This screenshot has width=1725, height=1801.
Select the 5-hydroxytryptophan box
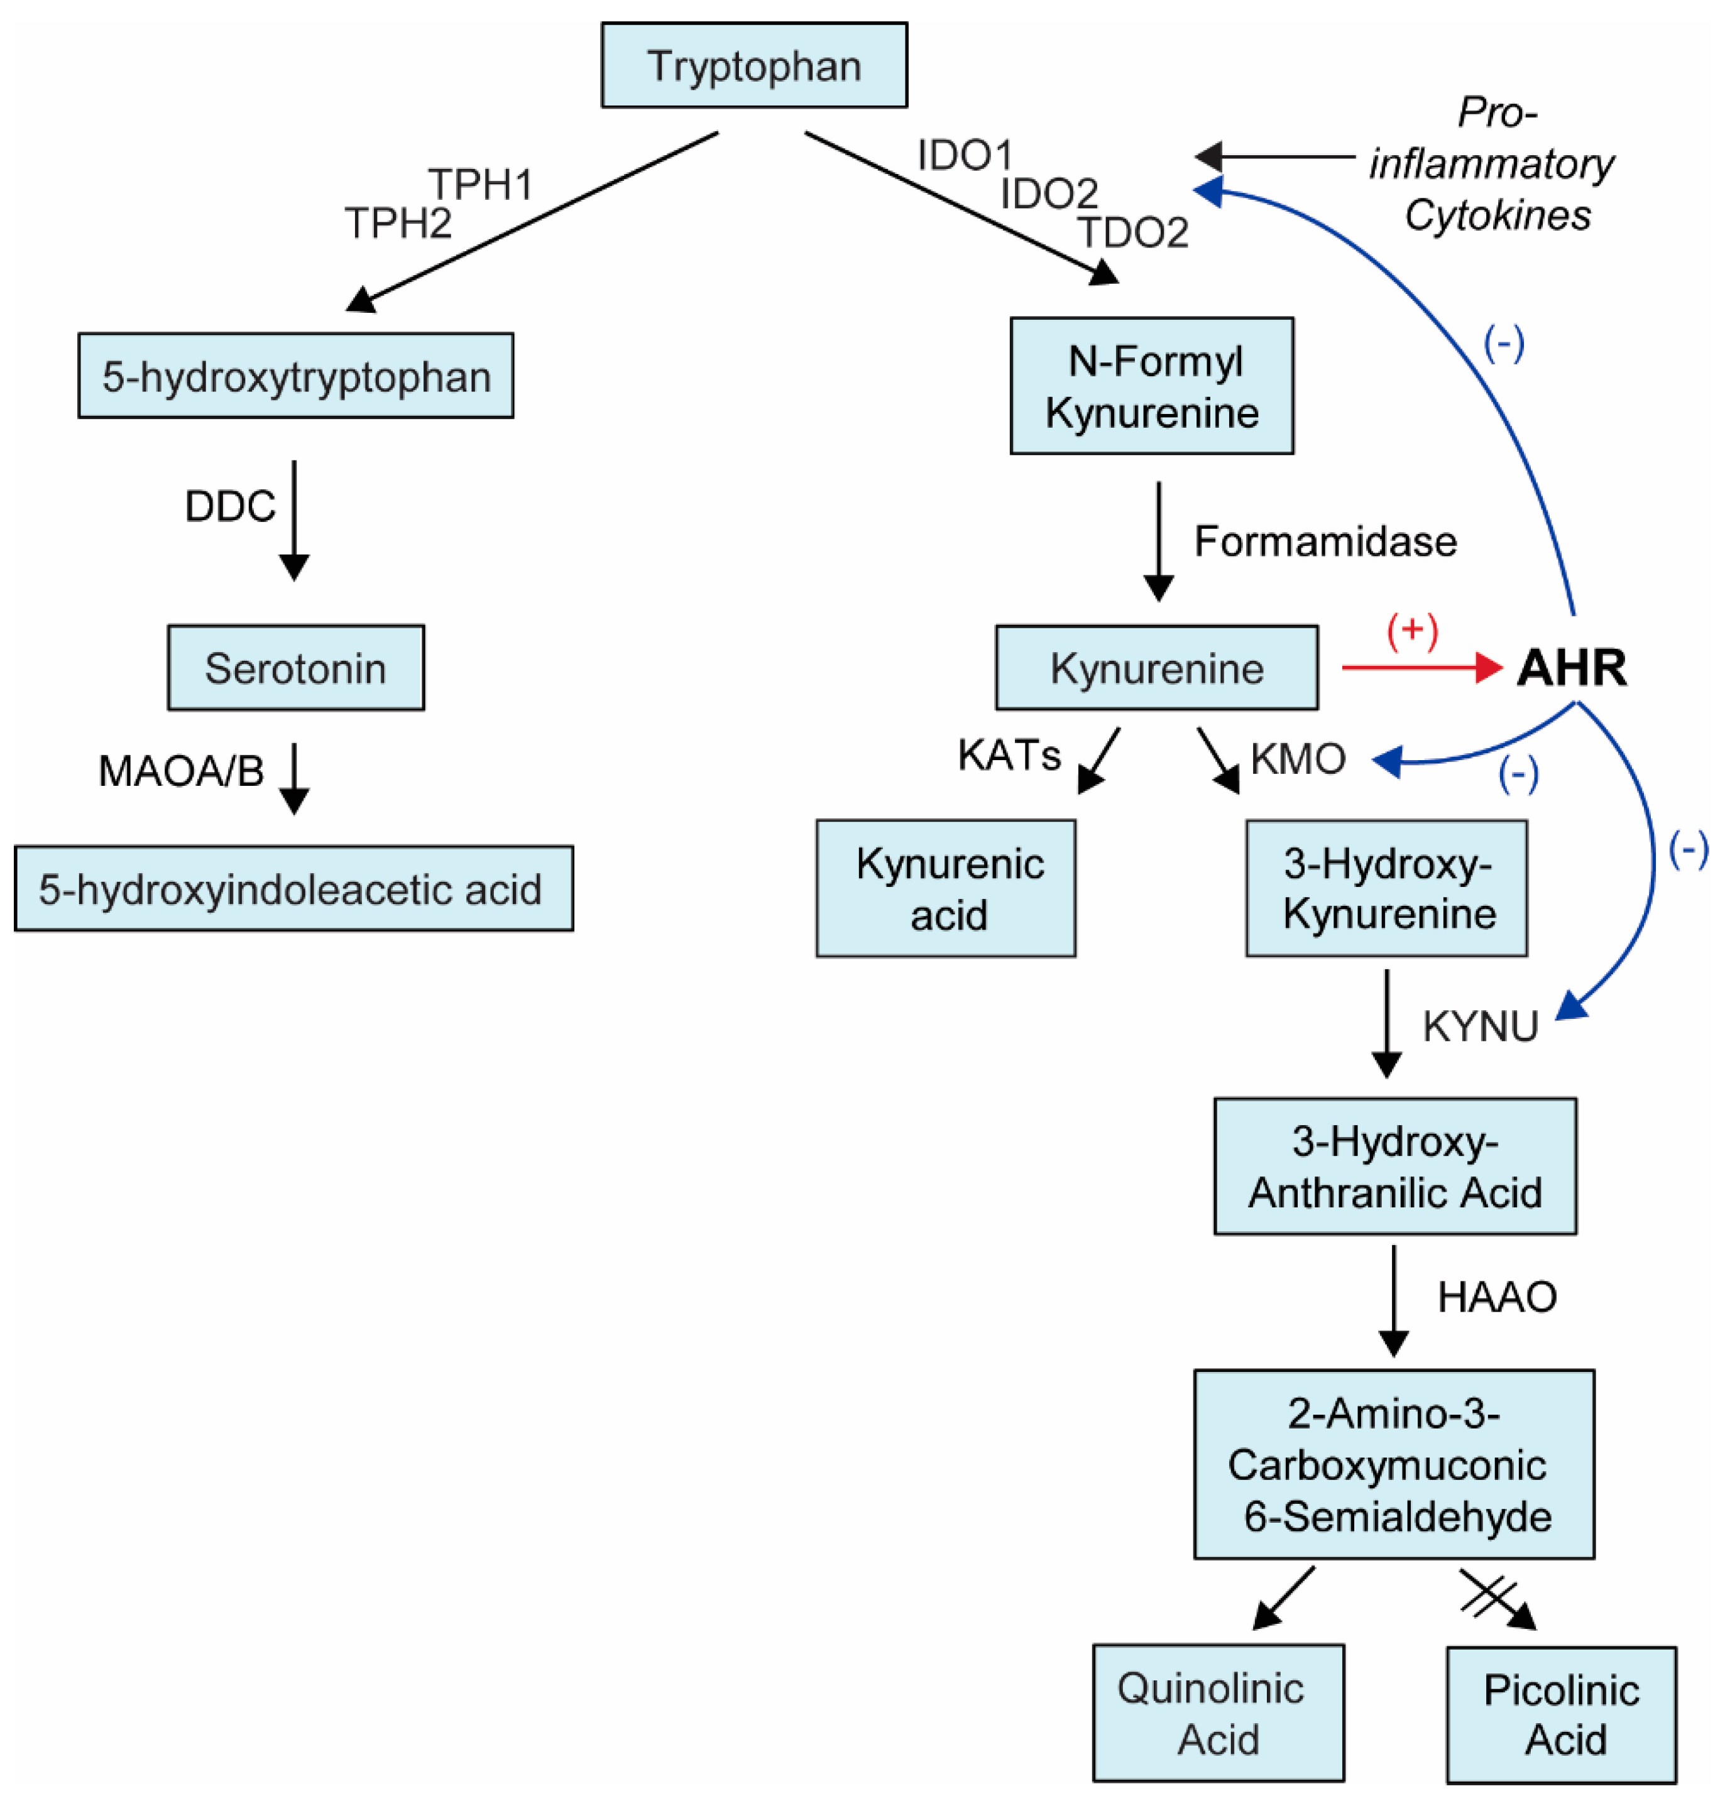[296, 376]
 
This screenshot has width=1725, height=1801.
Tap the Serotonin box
[296, 668]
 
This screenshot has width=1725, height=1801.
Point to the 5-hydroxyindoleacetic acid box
[294, 888]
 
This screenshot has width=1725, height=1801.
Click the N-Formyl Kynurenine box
[1151, 386]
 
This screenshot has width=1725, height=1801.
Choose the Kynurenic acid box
[946, 888]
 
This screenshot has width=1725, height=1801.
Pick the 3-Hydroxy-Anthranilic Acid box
[1395, 1166]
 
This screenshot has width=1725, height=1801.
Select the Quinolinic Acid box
[1218, 1713]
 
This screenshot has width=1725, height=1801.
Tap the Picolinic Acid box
[1562, 1715]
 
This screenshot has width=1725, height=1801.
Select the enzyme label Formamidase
[1325, 541]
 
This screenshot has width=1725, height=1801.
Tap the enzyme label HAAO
[1497, 1297]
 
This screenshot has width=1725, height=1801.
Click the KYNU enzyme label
[1481, 1026]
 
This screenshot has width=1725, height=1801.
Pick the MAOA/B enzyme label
[181, 771]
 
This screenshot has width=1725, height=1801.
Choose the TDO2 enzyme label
[1133, 232]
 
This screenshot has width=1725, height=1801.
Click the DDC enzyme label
[230, 506]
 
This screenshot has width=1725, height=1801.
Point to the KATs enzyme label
[1009, 754]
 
